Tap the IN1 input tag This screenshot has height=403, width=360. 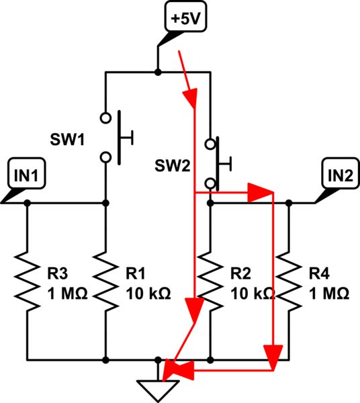coord(30,175)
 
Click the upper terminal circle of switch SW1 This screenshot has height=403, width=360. coord(105,118)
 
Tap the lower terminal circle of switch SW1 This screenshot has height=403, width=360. coord(105,156)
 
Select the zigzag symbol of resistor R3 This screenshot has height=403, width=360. coord(27,281)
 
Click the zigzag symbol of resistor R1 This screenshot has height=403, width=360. coord(105,281)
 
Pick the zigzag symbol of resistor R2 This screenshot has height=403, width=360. coord(211,281)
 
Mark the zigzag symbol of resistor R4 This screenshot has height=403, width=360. coord(289,281)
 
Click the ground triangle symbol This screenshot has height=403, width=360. coord(157,388)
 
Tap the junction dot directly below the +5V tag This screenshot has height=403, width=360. coord(157,71)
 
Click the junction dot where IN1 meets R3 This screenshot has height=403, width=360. coord(27,202)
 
